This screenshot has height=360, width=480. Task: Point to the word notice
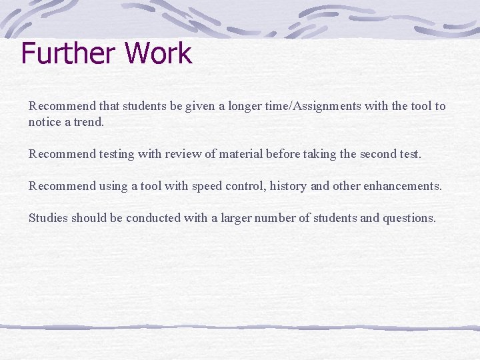click(43, 122)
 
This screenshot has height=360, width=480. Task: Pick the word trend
click(87, 122)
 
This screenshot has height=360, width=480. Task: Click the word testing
click(116, 155)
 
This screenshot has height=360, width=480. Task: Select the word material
click(238, 155)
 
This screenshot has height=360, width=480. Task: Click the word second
click(376, 155)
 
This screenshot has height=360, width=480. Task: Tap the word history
click(289, 186)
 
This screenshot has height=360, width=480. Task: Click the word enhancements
click(402, 186)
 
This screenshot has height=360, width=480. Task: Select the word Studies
click(48, 218)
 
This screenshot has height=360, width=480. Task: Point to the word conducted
click(169, 218)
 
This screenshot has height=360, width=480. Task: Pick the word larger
click(233, 218)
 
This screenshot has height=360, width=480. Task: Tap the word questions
click(409, 218)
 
